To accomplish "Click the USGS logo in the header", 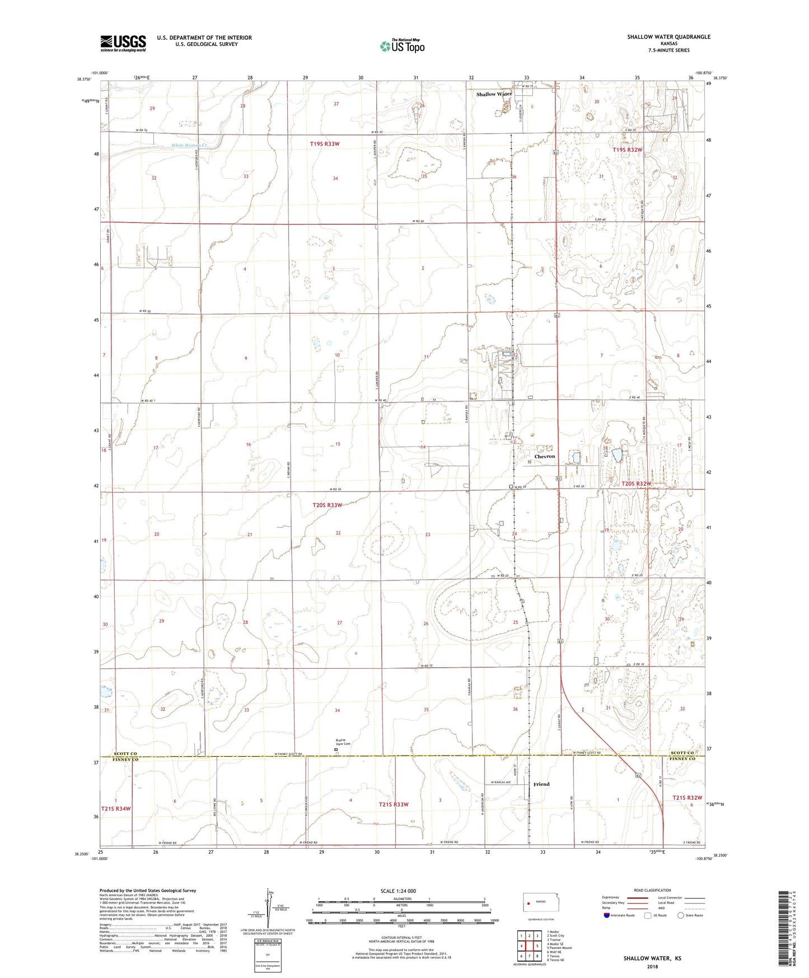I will pos(123,43).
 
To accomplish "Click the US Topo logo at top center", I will pos(402,46).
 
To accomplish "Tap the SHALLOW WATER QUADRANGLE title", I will pos(668,37).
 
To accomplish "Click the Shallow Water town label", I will pos(493,94).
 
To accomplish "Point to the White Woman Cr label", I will pos(189,146).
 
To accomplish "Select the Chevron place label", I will pos(544,457).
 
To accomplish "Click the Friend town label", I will pos(541,784).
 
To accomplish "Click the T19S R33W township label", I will pos(325,144).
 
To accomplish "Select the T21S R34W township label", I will pos(116,808).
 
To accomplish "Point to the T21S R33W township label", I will pos(394,804).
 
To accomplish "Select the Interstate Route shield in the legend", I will pos(607,915).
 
